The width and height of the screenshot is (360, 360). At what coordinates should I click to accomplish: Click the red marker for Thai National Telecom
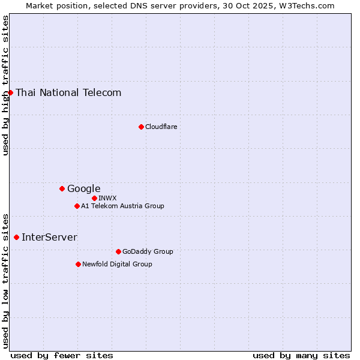click(x=10, y=92)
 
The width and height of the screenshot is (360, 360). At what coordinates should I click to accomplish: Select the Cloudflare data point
click(x=141, y=127)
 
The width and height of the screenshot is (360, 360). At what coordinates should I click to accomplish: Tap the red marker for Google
click(x=62, y=188)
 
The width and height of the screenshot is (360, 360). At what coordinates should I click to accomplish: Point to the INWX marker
click(x=94, y=198)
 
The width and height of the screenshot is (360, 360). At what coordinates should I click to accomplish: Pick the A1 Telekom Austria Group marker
click(x=77, y=206)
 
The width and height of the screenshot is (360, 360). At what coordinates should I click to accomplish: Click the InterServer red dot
click(x=16, y=237)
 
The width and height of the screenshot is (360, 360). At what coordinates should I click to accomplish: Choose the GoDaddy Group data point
click(x=118, y=251)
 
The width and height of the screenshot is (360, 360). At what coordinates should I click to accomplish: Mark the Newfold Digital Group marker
click(x=78, y=264)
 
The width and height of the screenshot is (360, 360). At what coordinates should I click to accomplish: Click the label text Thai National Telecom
click(x=68, y=92)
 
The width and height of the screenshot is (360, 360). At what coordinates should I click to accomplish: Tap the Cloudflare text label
click(x=161, y=127)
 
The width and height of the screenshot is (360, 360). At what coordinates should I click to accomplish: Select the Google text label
click(x=83, y=188)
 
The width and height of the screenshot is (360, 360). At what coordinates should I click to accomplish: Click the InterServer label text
click(x=49, y=237)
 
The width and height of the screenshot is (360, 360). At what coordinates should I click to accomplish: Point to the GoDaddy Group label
click(x=148, y=251)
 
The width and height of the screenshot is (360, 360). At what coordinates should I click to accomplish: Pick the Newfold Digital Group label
click(x=117, y=264)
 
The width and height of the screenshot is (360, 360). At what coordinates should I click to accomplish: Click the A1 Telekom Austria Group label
click(x=122, y=206)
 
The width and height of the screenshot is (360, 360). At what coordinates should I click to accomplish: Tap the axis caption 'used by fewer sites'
click(x=62, y=355)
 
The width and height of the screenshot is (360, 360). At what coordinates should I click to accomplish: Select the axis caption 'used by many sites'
click(x=301, y=355)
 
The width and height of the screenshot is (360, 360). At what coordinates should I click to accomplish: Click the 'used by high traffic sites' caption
click(x=5, y=85)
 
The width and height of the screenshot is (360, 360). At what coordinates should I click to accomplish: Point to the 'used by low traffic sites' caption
click(x=5, y=280)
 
